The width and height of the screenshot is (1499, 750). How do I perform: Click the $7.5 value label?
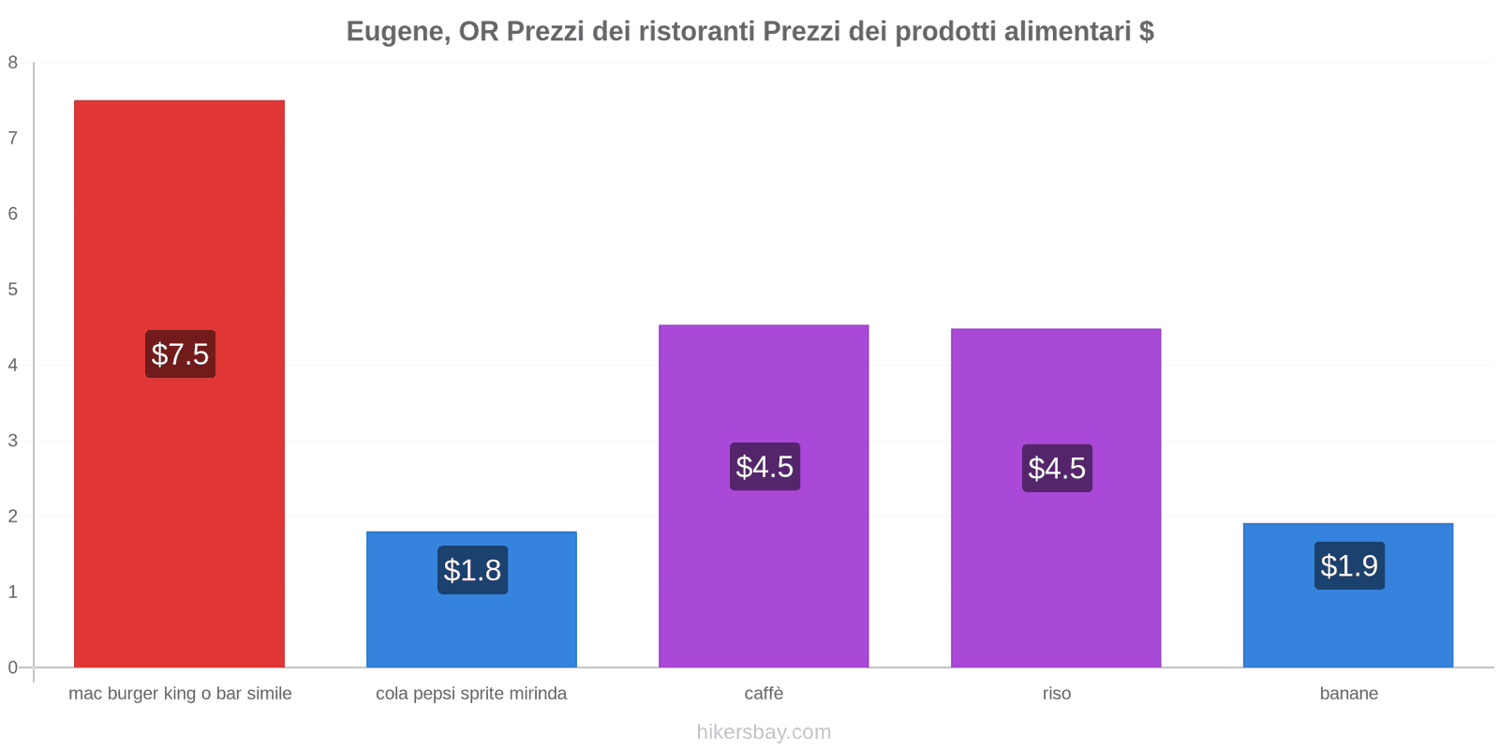click(180, 354)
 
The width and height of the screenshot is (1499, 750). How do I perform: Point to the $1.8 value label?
click(472, 570)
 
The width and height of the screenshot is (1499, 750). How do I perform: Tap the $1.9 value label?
click(1349, 565)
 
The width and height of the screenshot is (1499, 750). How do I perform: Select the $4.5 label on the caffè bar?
click(764, 467)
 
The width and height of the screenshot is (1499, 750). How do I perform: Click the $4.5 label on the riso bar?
click(1057, 468)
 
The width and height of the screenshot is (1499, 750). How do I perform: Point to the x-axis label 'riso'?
click(1056, 694)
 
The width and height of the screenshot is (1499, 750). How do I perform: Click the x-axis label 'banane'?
click(1348, 694)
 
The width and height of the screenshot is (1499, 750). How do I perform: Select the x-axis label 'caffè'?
click(764, 694)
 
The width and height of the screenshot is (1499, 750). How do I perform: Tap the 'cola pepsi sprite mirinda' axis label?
click(471, 694)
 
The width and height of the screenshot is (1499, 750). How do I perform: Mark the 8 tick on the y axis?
click(13, 63)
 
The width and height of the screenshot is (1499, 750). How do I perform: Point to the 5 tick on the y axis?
click(13, 290)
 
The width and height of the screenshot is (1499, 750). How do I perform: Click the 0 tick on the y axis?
click(13, 667)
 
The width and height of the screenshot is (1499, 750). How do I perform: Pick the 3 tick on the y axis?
click(13, 441)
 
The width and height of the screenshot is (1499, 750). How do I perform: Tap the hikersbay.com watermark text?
click(764, 732)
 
